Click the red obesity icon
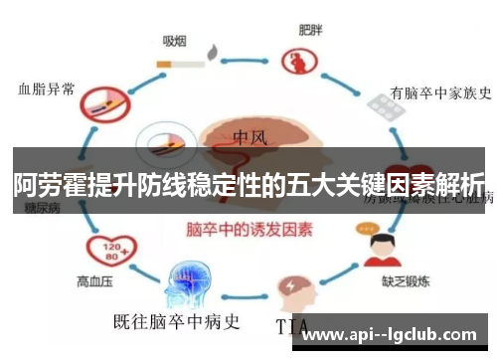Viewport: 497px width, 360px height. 296,63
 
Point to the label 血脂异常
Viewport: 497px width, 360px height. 47,89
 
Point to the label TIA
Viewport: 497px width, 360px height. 294,325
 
